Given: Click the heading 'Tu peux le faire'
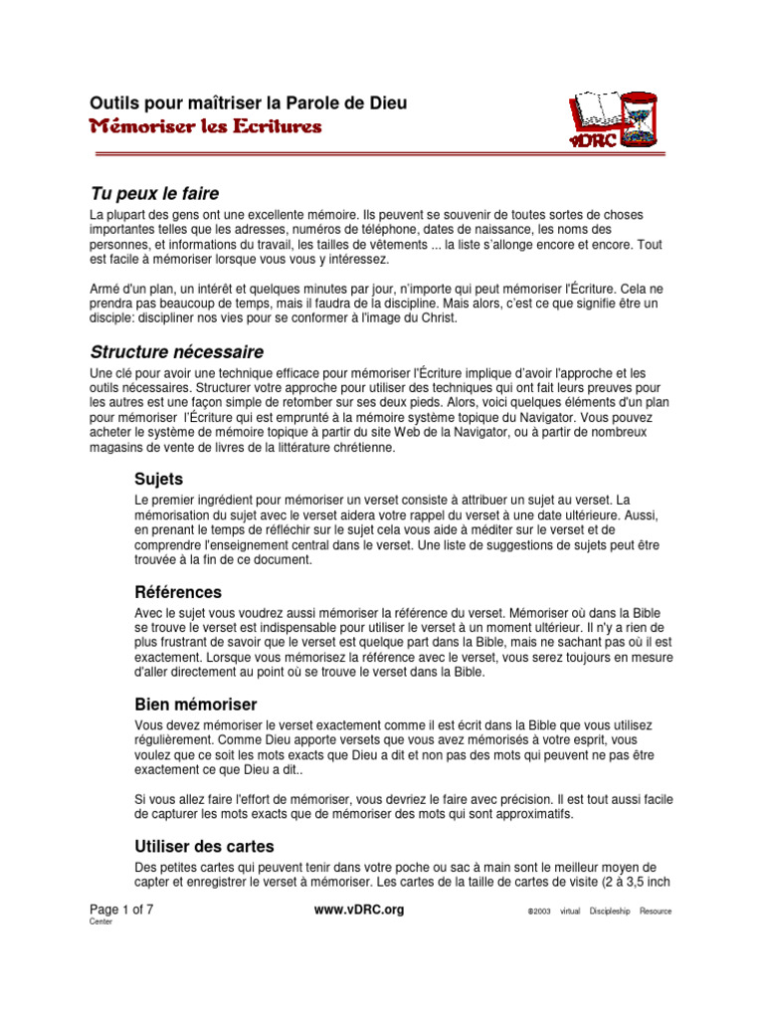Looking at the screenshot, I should click(154, 193).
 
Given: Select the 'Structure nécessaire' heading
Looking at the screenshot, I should click(177, 351).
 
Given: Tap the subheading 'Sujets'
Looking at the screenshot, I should click(159, 479).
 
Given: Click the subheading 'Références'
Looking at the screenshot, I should click(178, 592).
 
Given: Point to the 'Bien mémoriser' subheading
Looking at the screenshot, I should click(196, 705).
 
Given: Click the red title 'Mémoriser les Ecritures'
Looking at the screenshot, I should click(206, 127).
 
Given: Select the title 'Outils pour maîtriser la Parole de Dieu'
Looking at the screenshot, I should click(249, 103).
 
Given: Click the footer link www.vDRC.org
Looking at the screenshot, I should click(359, 911).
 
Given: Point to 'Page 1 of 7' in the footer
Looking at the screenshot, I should click(121, 911).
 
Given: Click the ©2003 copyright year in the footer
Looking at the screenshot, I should click(539, 912).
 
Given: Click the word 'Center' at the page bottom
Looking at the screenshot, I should click(100, 922).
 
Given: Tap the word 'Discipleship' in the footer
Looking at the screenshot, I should click(609, 912).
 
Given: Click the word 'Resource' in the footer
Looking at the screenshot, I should click(656, 912).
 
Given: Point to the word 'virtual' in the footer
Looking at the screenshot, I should click(570, 912).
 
